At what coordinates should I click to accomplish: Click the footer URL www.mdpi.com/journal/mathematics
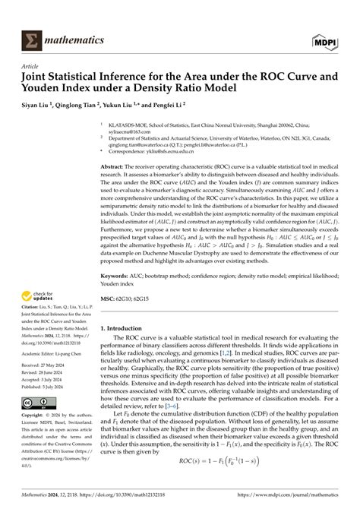(305, 502)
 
